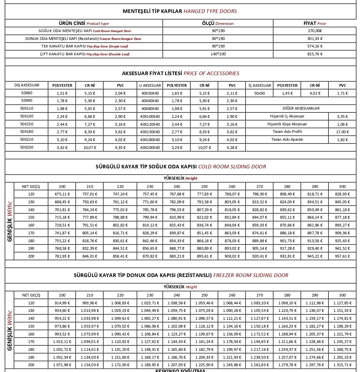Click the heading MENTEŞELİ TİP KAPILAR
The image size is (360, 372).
[x=152, y=11]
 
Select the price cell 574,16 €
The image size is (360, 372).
[x=315, y=46]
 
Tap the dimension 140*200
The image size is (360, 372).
[x=218, y=54]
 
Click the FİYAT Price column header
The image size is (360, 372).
[x=315, y=23]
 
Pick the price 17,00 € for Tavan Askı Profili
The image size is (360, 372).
[x=342, y=132]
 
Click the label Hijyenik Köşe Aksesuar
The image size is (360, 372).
[x=287, y=124]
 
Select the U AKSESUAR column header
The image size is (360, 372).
[x=150, y=85]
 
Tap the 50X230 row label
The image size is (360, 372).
[x=26, y=147]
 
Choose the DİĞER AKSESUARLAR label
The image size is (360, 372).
[x=301, y=108]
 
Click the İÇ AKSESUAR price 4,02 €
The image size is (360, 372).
[x=315, y=93]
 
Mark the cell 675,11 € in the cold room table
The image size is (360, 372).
[x=62, y=194]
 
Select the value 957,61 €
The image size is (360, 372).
[x=342, y=256]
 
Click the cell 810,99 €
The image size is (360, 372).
[x=176, y=217]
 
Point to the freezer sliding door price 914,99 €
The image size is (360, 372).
[x=62, y=303]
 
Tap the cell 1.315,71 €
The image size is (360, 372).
[x=342, y=365]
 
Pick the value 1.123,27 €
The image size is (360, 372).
[x=176, y=334]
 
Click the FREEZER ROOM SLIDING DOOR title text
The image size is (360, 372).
[x=251, y=275]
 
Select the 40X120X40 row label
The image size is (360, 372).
[x=150, y=124]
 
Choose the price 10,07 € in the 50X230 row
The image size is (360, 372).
[x=90, y=148]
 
